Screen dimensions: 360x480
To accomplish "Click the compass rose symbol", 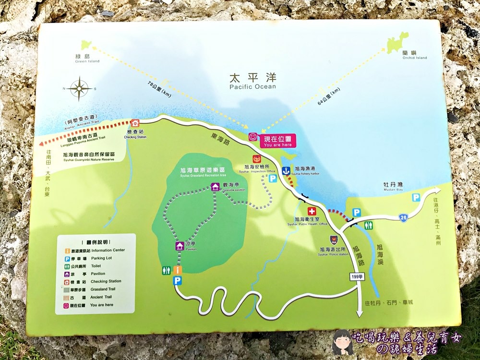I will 80,89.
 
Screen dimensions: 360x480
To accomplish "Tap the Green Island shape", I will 86,45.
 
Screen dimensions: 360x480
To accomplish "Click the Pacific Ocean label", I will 252,81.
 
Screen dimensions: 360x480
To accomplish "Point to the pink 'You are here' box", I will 278,141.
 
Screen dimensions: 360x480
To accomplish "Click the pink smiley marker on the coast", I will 252,137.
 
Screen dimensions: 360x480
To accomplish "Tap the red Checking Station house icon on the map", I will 135,123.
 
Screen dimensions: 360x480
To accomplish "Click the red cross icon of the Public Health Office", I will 312,211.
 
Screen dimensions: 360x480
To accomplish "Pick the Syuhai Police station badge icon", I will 334,240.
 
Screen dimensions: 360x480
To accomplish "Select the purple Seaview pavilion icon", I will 215,186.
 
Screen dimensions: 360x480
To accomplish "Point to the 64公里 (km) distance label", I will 328,96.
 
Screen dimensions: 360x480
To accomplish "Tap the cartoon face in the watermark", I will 342,341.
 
